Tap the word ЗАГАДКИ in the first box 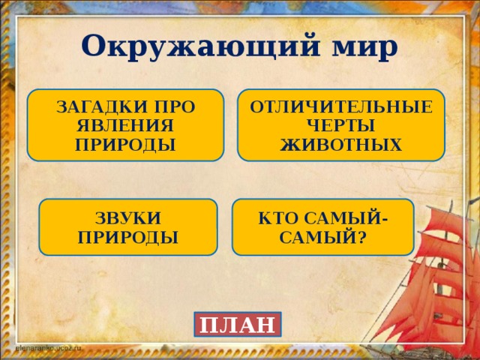point(94,108)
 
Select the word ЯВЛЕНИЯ point(126,125)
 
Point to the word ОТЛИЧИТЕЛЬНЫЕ point(341,107)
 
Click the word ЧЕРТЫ point(341,125)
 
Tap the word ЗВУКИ point(128,218)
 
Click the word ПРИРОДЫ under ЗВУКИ point(128,237)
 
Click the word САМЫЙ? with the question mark point(323,237)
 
